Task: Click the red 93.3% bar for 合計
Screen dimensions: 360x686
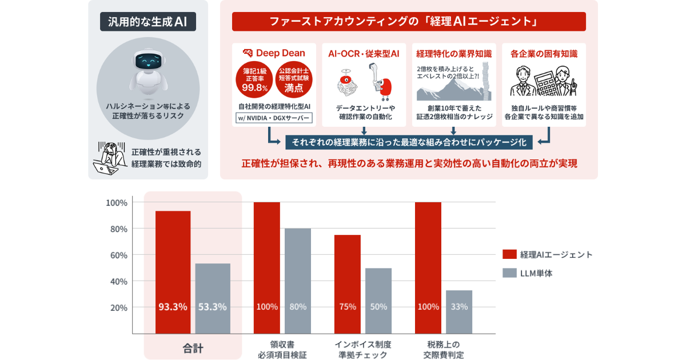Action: pos(173,271)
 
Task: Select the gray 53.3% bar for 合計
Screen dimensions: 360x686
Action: pos(213,298)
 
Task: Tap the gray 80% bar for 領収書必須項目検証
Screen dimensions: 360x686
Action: pos(298,280)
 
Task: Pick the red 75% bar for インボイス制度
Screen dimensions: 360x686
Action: pos(348,283)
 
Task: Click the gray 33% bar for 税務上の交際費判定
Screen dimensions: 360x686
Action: pos(459,311)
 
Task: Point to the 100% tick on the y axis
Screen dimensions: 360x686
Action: pos(117,203)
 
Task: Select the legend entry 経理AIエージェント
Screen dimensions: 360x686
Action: pos(548,254)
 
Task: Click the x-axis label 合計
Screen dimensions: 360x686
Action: pos(193,347)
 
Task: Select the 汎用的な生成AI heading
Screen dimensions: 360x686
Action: pos(148,22)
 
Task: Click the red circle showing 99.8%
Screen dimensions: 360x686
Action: pos(254,79)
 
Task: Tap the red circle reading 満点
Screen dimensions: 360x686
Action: pos(294,79)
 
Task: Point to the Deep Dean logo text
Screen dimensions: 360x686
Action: pos(278,53)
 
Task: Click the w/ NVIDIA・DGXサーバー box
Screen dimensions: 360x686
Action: pos(274,118)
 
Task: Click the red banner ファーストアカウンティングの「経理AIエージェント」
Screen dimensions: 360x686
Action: pos(409,22)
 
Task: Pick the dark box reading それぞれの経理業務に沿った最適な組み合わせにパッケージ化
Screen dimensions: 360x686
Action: pos(409,142)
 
